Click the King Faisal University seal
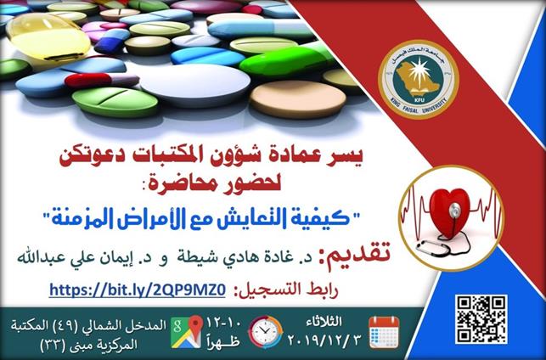click(419, 79)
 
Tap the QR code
click(481, 319)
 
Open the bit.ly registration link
click(138, 290)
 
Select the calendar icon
click(384, 332)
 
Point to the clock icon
click(265, 332)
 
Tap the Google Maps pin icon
click(187, 331)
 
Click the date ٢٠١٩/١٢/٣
click(324, 339)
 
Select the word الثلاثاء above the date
click(324, 322)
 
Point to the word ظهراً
click(225, 340)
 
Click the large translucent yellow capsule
click(48, 37)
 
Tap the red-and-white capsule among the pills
click(102, 81)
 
